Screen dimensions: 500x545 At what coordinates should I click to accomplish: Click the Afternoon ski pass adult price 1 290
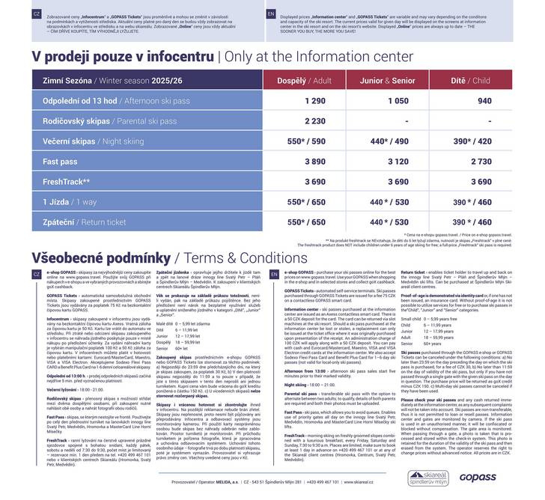(x=294, y=100)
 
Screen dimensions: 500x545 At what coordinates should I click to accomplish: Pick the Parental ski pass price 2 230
(x=294, y=121)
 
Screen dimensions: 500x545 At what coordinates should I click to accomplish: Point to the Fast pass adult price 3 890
(x=294, y=161)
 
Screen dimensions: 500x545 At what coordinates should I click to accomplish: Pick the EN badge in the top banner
(x=271, y=13)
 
